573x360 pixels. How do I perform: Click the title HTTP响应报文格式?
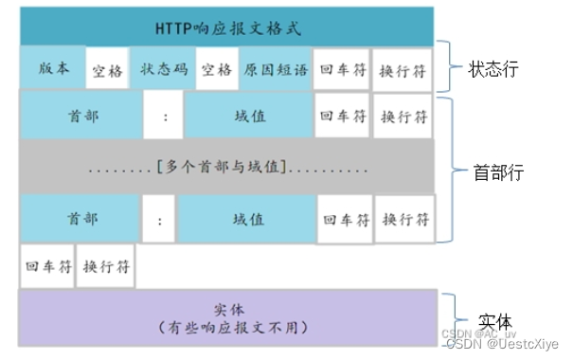227,27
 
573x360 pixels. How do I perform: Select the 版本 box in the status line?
53,68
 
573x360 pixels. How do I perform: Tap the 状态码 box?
162,68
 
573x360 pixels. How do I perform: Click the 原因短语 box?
276,68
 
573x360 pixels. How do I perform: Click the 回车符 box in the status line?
341,70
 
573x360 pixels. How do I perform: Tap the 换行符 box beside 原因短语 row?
402,70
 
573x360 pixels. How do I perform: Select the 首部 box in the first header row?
81,116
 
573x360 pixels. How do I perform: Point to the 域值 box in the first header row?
248,116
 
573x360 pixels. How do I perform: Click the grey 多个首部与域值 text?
227,168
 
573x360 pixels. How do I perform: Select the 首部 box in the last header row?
81,219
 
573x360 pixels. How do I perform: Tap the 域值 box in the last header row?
248,219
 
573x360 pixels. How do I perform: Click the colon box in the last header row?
160,220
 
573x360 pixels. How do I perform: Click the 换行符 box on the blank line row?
105,266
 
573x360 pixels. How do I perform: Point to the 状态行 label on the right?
494,70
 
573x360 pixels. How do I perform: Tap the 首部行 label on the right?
498,172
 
